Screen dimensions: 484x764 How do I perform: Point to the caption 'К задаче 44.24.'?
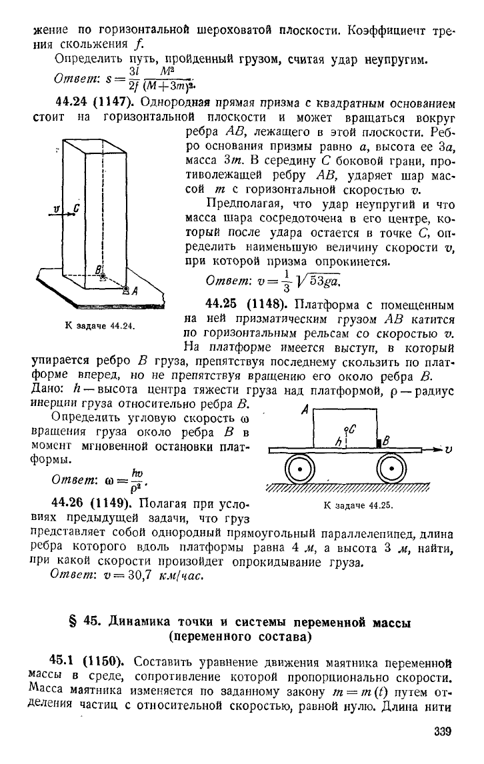(99, 326)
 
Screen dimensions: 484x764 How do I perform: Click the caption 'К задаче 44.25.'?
(358, 505)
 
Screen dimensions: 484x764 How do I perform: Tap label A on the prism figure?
(135, 291)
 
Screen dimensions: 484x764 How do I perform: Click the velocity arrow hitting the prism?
(62, 213)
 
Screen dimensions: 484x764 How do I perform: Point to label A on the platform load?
(305, 411)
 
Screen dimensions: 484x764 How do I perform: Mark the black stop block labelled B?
(378, 443)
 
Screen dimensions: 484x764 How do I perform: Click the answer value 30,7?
(133, 575)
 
